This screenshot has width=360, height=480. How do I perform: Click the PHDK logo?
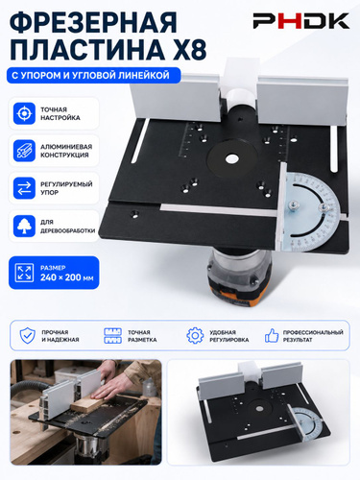pyautogui.click(x=301, y=21)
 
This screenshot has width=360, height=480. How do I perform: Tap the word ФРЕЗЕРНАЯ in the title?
pyautogui.click(x=93, y=22)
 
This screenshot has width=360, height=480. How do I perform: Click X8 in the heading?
pyautogui.click(x=190, y=49)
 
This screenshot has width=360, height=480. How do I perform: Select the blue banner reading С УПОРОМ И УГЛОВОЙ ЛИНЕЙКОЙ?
pyautogui.click(x=93, y=76)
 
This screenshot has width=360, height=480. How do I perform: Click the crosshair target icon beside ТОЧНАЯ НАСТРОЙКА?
pyautogui.click(x=24, y=113)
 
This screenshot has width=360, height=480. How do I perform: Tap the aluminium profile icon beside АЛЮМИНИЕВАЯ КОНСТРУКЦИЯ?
pyautogui.click(x=24, y=151)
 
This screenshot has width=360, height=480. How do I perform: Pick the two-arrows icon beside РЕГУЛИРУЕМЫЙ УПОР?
pyautogui.click(x=24, y=188)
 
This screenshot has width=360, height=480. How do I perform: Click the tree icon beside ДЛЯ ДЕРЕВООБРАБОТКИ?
pyautogui.click(x=24, y=226)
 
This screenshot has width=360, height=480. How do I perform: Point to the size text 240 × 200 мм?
pyautogui.click(x=67, y=277)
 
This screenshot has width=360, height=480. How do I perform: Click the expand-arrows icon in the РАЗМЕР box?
pyautogui.click(x=24, y=273)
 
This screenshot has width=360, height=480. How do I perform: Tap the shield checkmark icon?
pyautogui.click(x=28, y=335)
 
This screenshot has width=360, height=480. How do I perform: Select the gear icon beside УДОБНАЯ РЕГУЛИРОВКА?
pyautogui.click(x=195, y=335)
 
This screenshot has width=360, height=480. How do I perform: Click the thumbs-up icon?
pyautogui.click(x=272, y=335)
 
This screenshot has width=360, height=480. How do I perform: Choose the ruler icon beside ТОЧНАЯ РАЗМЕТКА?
pyautogui.click(x=112, y=336)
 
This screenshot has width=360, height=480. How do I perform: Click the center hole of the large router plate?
pyautogui.click(x=232, y=159)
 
